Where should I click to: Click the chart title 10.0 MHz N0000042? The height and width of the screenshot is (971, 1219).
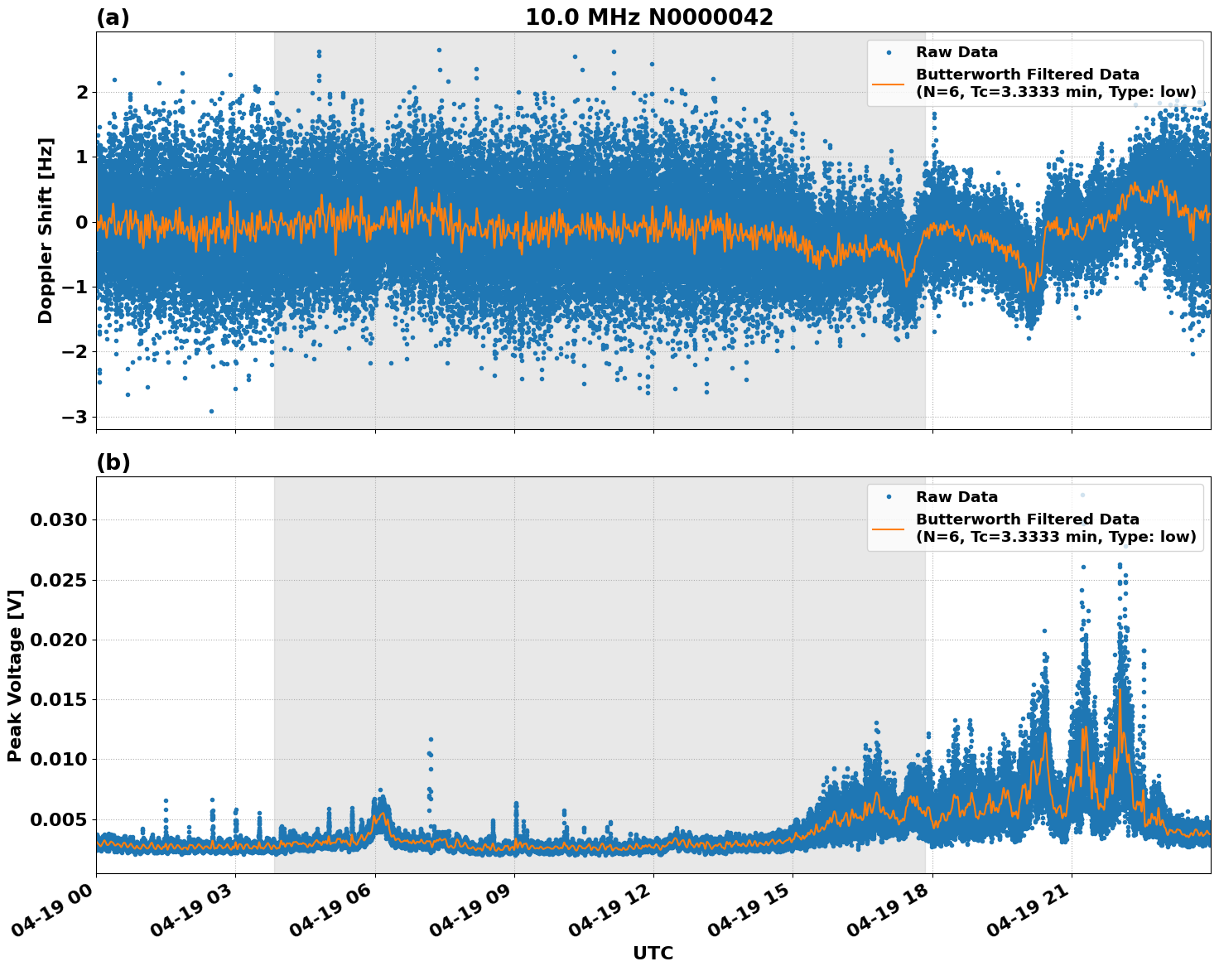click(648, 17)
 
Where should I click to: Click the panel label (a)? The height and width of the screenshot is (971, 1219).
click(113, 17)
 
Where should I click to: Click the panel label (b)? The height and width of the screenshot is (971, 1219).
click(113, 462)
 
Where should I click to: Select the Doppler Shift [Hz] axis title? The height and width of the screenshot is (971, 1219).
click(46, 230)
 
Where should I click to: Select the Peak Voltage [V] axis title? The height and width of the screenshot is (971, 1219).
click(14, 675)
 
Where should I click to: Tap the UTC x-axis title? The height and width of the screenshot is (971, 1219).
click(653, 953)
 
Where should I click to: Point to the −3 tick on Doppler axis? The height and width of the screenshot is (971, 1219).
click(76, 417)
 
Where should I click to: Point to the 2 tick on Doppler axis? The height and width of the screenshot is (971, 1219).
click(82, 91)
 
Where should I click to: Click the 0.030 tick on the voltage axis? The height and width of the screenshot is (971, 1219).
click(58, 520)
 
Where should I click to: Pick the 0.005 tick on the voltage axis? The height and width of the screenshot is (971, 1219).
click(58, 819)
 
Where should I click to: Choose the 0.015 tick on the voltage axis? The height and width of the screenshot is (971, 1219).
click(58, 699)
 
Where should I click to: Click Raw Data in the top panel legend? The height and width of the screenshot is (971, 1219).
click(956, 52)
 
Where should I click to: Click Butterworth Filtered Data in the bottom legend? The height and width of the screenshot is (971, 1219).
click(1027, 519)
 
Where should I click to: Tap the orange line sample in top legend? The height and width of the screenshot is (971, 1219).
click(889, 83)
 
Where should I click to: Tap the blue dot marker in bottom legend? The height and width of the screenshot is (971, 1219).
click(889, 497)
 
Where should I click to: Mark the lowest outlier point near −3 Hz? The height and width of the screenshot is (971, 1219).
click(211, 411)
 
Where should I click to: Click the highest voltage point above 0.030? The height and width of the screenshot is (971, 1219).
click(1082, 495)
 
